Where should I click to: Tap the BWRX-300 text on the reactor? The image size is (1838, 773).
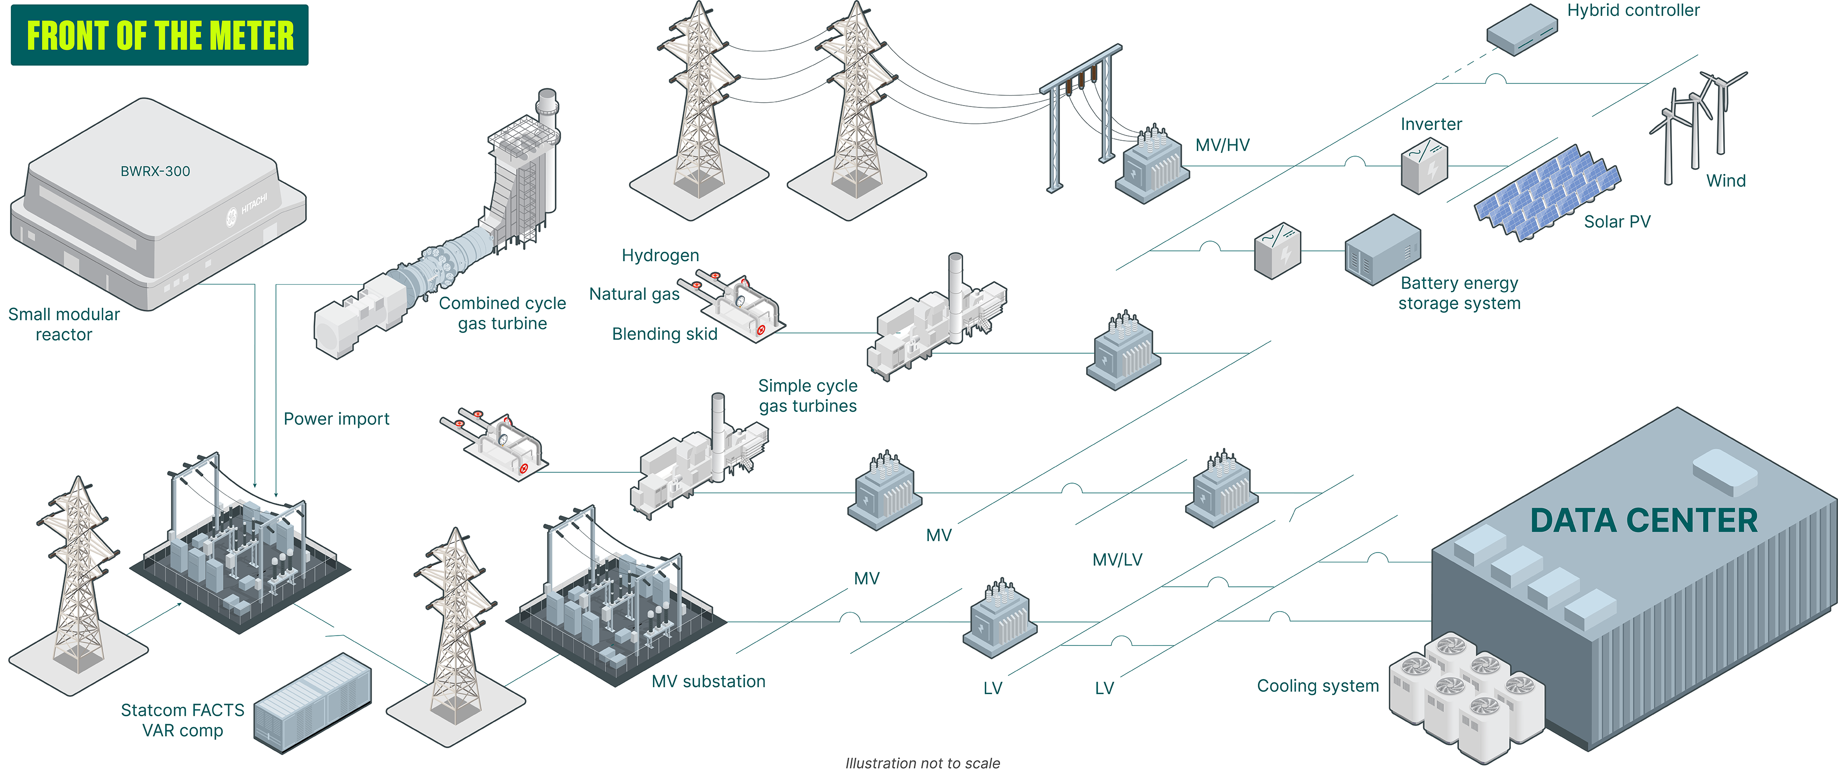tap(155, 171)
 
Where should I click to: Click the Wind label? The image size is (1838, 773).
tap(1725, 181)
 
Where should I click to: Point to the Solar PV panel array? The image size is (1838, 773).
tap(1547, 192)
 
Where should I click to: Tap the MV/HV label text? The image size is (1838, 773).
tap(1222, 145)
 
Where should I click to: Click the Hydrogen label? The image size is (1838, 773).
tap(660, 255)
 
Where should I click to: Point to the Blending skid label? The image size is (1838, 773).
tap(664, 333)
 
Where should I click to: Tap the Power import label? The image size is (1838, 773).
tap(336, 418)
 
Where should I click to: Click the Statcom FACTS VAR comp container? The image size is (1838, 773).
tap(313, 702)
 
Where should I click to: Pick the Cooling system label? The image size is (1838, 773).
tap(1317, 686)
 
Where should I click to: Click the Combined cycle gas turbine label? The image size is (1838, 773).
tap(502, 313)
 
